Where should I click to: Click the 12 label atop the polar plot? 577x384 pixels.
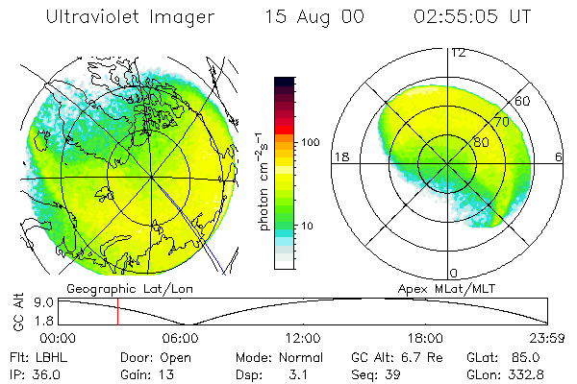pyautogui.click(x=458, y=52)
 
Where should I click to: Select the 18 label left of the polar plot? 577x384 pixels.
pyautogui.click(x=339, y=156)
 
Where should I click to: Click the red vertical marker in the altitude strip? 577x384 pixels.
pyautogui.click(x=117, y=312)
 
